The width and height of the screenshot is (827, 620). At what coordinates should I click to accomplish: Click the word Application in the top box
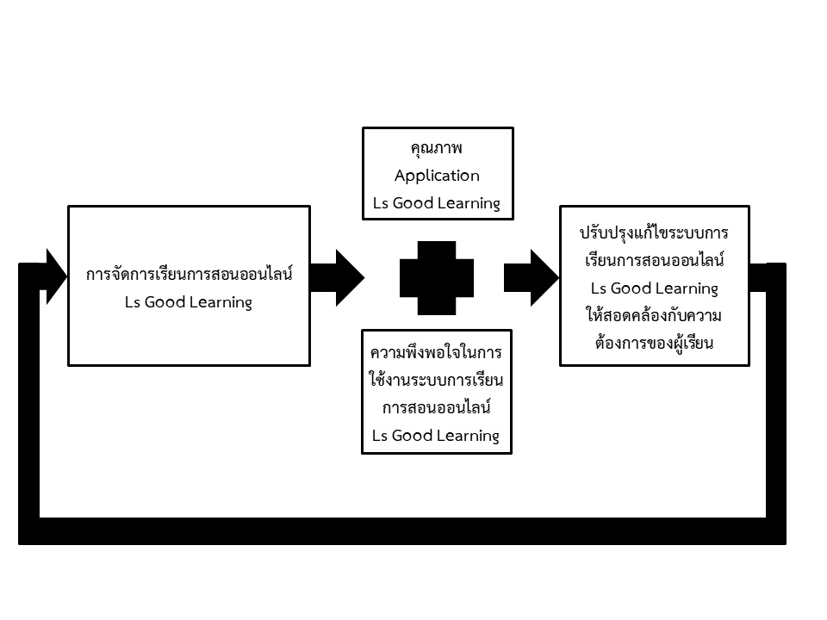coord(437,176)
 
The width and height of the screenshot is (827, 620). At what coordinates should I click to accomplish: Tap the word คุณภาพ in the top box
coord(437,148)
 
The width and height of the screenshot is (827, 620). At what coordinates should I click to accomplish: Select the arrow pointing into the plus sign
coord(339,277)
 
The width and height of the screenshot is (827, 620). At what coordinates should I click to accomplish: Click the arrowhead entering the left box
coord(54,277)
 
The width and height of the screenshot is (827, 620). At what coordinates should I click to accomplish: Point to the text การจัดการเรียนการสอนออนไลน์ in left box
coord(189,276)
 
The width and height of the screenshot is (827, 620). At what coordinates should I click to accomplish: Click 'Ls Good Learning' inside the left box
coord(188,302)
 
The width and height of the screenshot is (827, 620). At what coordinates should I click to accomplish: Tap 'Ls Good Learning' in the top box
coord(436,203)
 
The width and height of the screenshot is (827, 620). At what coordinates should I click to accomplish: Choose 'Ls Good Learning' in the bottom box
coord(436,435)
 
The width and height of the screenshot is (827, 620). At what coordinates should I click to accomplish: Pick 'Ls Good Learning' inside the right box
coord(655,288)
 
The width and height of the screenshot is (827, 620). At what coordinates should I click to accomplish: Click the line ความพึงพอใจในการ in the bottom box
coord(436,353)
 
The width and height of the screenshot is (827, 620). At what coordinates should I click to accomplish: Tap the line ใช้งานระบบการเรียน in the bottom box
coord(436,380)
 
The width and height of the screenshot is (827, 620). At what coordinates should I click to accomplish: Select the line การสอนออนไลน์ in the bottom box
coord(436,407)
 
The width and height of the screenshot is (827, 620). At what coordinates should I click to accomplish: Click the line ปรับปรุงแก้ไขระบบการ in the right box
coord(655,233)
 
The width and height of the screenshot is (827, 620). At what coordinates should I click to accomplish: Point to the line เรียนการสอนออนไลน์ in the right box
coord(655,260)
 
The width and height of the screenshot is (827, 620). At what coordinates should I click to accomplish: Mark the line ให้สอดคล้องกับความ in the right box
coord(655,315)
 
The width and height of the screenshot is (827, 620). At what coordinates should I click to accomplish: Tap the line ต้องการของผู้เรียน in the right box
coord(655,342)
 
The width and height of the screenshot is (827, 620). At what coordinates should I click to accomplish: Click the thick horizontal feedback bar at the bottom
coord(402,530)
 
